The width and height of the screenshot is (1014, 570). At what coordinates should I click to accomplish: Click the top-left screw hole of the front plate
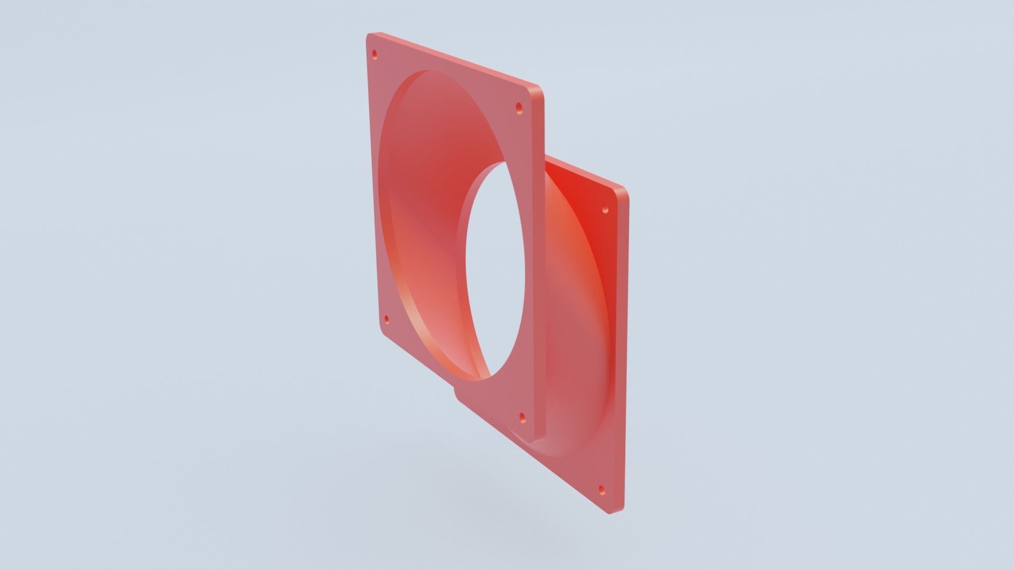pos(375,54)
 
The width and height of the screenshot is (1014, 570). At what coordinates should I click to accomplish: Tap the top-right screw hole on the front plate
pos(519,108)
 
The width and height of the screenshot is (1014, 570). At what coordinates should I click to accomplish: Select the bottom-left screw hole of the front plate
pos(387,319)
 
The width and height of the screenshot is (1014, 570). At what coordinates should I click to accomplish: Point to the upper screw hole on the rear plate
pos(606,210)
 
